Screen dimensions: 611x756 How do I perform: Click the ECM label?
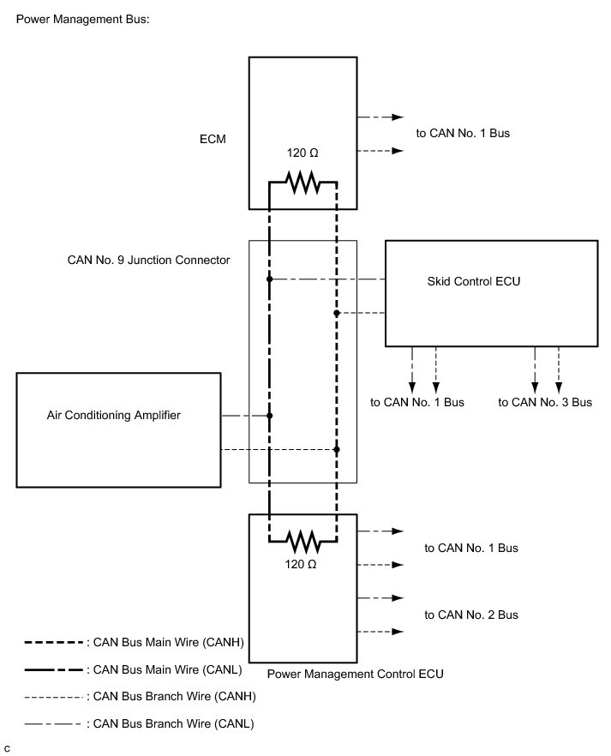[213, 140]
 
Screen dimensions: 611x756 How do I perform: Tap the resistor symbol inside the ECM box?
[303, 183]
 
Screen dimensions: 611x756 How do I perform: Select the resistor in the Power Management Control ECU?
[303, 542]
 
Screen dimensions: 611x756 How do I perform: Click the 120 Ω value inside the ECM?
[303, 153]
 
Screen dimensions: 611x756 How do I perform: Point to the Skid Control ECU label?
[474, 281]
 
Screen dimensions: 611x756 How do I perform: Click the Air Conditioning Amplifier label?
[114, 415]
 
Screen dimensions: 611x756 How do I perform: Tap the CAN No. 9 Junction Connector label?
[148, 260]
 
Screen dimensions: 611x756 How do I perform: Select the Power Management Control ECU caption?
[355, 674]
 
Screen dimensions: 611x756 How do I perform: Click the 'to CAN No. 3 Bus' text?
[545, 402]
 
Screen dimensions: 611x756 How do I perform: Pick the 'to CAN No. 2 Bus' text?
[471, 615]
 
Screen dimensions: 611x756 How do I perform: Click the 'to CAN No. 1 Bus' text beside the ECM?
[463, 133]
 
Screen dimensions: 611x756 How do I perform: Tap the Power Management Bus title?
[83, 19]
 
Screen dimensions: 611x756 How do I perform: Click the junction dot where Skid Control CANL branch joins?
[269, 279]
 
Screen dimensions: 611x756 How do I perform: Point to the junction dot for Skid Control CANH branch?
[336, 313]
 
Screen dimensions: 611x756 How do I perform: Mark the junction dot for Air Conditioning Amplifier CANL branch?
[269, 416]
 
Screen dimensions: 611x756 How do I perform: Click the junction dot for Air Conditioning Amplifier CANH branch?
[336, 449]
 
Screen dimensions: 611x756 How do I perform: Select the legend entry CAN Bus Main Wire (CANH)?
[135, 642]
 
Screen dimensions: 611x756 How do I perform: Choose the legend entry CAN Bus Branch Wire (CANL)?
[140, 723]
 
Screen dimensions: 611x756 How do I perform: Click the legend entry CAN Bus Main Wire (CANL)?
[134, 669]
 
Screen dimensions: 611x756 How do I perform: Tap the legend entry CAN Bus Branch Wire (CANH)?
[141, 696]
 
